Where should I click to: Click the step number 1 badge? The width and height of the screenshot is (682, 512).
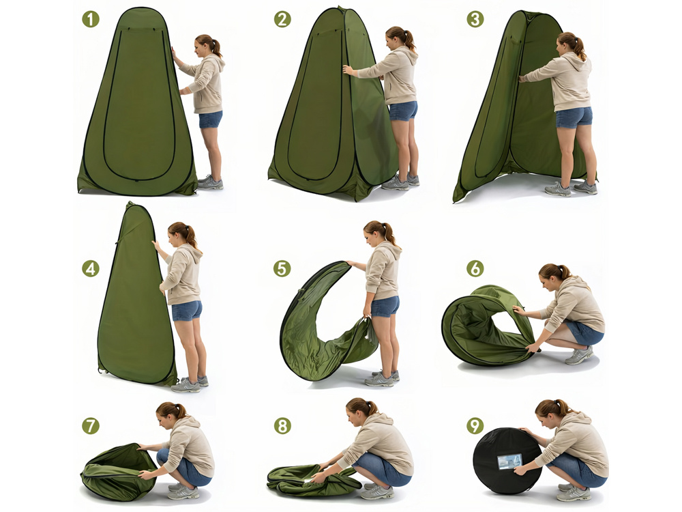point(91,20)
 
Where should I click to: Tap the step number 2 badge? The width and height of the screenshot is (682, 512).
point(282,20)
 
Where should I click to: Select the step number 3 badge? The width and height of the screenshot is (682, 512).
point(475,20)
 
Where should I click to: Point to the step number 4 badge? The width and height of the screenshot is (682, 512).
point(91,268)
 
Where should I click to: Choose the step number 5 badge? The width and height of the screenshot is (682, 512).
point(282,268)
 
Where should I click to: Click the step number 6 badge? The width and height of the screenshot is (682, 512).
point(475,268)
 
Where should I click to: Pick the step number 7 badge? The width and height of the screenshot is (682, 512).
point(91,425)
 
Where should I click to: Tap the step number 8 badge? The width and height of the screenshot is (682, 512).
point(282,425)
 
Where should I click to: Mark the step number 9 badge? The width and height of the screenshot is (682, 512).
point(475,425)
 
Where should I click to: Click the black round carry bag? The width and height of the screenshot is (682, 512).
point(507,461)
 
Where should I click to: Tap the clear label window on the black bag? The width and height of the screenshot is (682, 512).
point(509,461)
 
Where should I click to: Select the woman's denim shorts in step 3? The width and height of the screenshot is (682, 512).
point(574,117)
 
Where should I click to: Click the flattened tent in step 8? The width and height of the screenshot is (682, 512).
point(312,480)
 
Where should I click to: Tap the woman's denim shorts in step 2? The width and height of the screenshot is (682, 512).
point(403,111)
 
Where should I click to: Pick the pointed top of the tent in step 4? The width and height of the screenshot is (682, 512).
point(130,203)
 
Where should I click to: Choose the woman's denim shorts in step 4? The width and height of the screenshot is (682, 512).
point(187,311)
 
